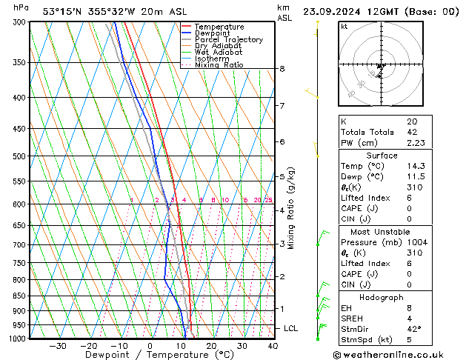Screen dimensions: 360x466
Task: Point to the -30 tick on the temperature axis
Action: (x=58, y=345)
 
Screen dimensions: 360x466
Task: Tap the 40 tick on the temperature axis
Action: (x=273, y=345)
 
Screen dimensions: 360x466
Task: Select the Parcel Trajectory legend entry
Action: (x=228, y=40)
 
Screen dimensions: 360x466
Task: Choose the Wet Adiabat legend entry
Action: (x=219, y=53)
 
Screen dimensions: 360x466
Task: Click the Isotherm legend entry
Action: (x=213, y=59)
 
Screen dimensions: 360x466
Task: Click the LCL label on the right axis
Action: (x=291, y=328)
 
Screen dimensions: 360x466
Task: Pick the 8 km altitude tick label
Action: (x=282, y=69)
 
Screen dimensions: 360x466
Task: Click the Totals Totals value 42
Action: (x=411, y=133)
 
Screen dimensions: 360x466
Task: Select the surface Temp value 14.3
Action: (x=416, y=167)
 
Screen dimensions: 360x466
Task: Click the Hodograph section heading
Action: (x=382, y=297)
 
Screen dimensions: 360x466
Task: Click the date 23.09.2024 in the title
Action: (x=338, y=12)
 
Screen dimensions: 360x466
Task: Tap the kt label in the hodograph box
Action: (x=344, y=27)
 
